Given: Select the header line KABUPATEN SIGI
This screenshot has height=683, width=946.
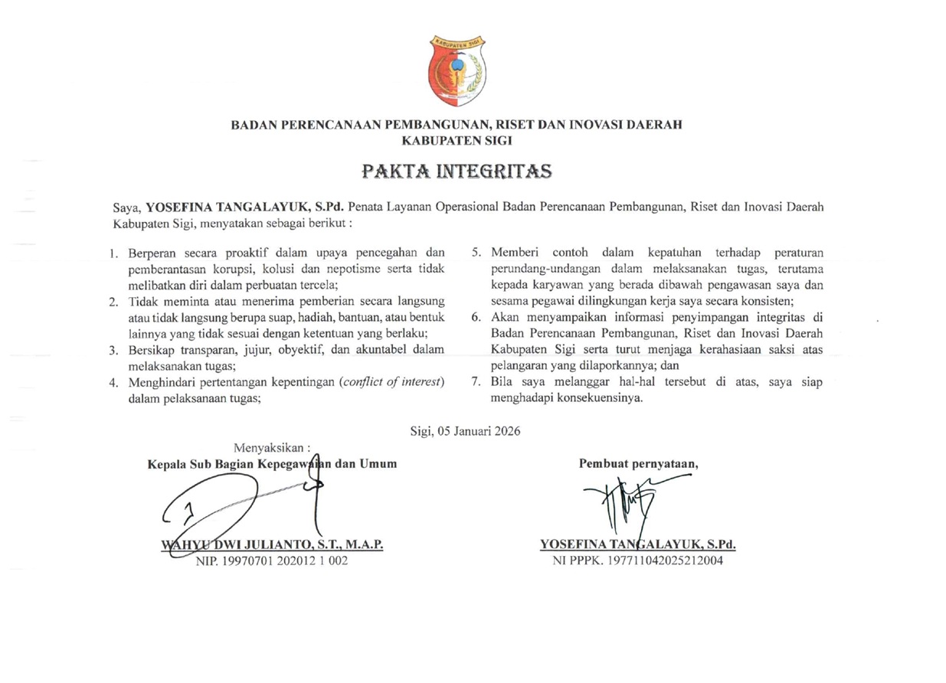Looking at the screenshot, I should (457, 141).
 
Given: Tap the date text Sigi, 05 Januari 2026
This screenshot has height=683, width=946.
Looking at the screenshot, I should (466, 431).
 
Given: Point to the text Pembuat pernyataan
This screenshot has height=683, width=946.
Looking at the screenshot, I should (638, 463).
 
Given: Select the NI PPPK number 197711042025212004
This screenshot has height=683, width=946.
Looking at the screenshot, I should (637, 560).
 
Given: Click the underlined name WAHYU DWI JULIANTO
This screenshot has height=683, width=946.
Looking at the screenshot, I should (272, 545).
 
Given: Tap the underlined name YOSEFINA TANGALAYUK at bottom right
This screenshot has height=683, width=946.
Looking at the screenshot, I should (637, 545).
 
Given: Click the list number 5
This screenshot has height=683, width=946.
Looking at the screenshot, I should (476, 253).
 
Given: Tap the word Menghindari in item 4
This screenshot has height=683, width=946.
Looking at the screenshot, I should (160, 382).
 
